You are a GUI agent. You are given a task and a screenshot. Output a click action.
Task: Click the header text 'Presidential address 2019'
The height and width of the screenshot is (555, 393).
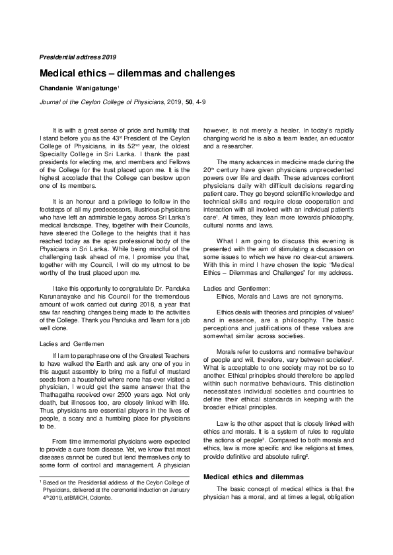[77, 57]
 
